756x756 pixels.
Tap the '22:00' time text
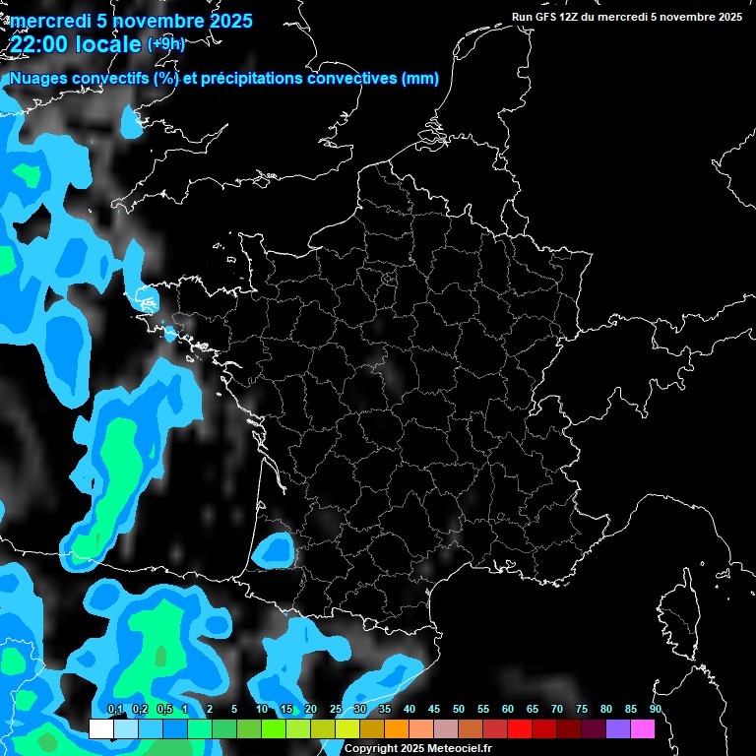[x=40, y=45]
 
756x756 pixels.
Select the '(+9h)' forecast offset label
[x=165, y=44]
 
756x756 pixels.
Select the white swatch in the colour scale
[x=101, y=729]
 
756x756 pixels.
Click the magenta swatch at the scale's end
[x=642, y=729]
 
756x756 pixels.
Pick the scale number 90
[x=655, y=709]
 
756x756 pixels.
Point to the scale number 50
[x=459, y=709]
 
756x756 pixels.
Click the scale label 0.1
[x=114, y=709]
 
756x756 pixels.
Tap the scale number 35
[x=385, y=709]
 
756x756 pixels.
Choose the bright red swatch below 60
[x=520, y=729]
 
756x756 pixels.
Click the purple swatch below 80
[x=617, y=729]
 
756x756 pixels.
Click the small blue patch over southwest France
[x=274, y=550]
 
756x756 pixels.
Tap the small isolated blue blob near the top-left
[x=130, y=120]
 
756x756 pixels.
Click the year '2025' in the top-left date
[x=229, y=21]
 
